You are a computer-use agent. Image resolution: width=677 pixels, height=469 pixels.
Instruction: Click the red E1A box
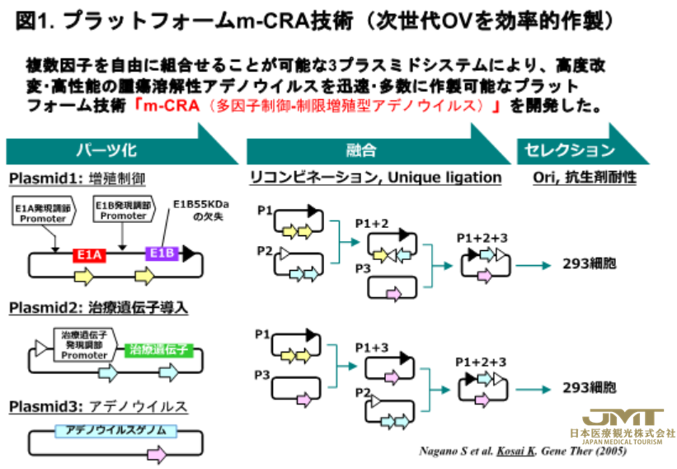(88, 254)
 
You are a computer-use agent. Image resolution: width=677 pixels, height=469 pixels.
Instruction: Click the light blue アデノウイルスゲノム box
(104, 430)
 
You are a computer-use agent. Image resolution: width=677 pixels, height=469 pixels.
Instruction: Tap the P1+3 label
(371, 348)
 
